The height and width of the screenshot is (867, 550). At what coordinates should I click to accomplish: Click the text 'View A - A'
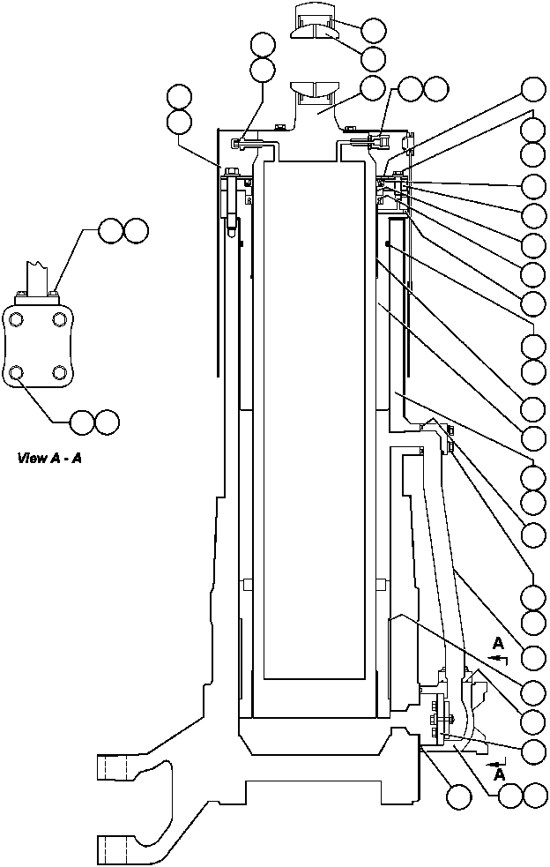50,458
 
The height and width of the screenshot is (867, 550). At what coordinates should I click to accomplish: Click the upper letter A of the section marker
499,642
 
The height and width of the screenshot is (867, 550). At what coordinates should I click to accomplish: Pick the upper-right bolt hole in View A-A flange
59,318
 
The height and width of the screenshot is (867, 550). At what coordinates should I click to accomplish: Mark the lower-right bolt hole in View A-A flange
59,373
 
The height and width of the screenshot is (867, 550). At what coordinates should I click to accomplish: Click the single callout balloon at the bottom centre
458,796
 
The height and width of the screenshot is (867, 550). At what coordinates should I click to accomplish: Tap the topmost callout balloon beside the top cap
373,30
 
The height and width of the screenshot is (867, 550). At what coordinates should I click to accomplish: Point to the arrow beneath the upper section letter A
497,658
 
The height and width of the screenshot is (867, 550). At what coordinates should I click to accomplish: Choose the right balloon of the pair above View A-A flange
136,231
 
